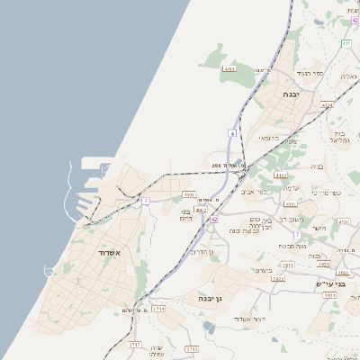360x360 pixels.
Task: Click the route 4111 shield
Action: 229,68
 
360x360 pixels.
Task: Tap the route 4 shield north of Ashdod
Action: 232,133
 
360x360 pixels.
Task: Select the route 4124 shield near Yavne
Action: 327,105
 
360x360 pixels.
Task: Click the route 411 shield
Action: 346,42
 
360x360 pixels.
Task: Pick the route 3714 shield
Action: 159,309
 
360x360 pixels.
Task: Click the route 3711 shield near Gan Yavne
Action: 287,265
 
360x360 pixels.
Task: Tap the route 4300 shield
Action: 188,193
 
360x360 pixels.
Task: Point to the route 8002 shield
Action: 201,210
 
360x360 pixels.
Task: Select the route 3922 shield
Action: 277,279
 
